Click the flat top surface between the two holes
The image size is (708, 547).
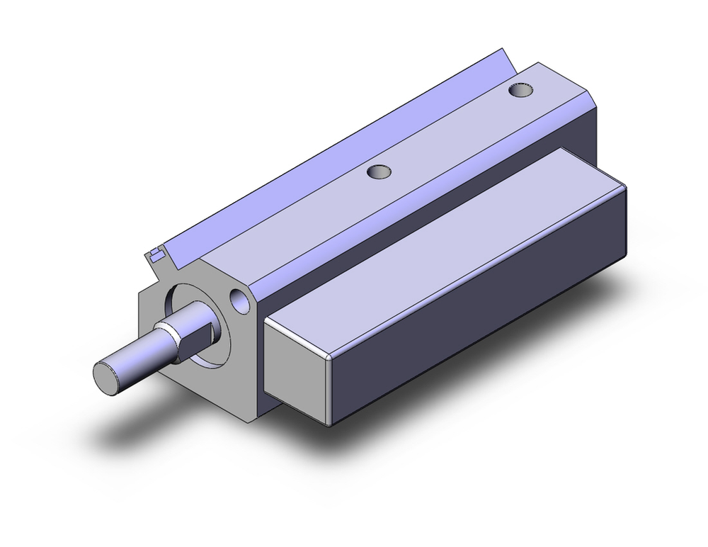pos(446,135)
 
